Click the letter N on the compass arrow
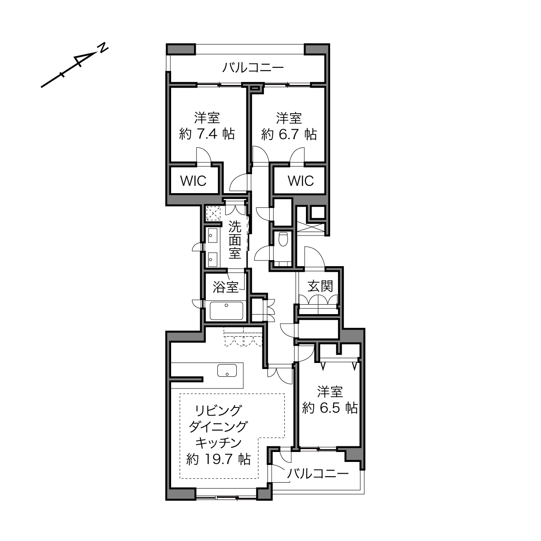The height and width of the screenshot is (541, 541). [x=103, y=48]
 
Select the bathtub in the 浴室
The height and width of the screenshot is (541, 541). [x=226, y=311]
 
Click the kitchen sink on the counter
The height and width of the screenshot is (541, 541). [x=227, y=370]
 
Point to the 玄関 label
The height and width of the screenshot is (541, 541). [x=320, y=286]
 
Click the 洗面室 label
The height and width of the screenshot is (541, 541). [x=235, y=239]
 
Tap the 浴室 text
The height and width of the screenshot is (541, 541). [x=226, y=287]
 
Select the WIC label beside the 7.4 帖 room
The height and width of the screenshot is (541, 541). [x=194, y=181]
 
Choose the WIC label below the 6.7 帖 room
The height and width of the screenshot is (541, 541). [x=301, y=181]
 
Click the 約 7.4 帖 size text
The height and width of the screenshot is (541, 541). [x=207, y=134]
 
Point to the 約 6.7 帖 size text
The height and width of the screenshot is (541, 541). [x=289, y=134]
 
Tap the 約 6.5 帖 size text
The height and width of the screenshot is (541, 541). [x=330, y=407]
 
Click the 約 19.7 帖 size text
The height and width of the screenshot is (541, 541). [x=218, y=460]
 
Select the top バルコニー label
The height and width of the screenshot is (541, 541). [x=253, y=68]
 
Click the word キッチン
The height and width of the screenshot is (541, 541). [x=218, y=443]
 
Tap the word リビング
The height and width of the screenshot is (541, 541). [x=218, y=411]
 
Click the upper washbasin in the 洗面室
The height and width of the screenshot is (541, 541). [x=213, y=235]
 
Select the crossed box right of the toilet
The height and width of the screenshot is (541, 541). [x=311, y=227]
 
